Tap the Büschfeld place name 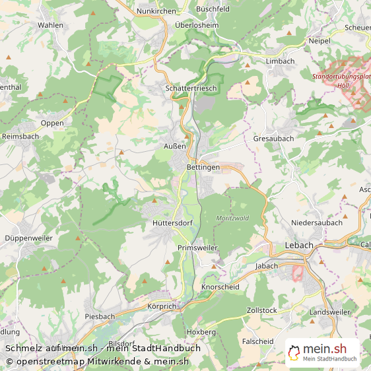pos(213,10)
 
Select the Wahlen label pos(51,25)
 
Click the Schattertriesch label pos(191,88)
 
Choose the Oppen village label pos(52,123)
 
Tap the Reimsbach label pos(20,136)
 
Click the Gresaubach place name pos(273,139)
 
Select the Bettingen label pos(203,167)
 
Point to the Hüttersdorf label pos(172,223)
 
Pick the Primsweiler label pos(197,247)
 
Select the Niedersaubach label pos(317,222)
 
